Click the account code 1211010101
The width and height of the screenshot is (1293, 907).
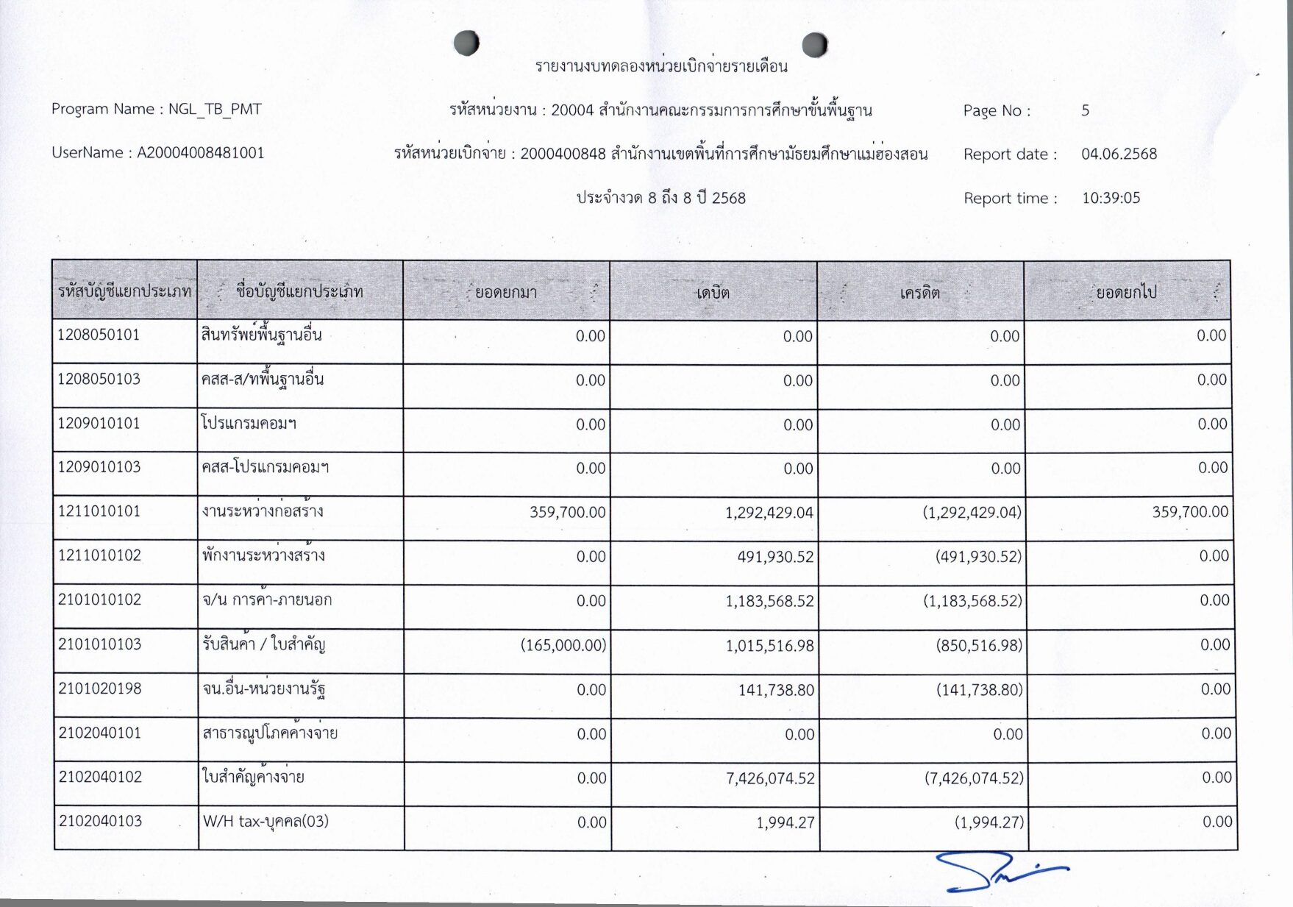click(99, 511)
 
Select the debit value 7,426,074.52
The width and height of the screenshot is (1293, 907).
click(770, 778)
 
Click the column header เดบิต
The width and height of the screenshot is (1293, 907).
click(713, 293)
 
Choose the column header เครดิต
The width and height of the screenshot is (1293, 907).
click(920, 293)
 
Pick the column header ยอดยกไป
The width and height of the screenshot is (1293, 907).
click(1126, 293)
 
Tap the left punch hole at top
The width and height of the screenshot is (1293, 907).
click(466, 43)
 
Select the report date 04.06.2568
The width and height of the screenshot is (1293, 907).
click(1119, 154)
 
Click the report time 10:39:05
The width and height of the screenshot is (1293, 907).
click(1111, 198)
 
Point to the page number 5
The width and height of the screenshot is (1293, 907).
click(1085, 110)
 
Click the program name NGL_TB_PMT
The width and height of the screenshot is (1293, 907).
click(215, 110)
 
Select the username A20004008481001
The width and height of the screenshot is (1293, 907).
click(201, 153)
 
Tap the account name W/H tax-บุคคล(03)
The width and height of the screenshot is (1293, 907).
click(266, 822)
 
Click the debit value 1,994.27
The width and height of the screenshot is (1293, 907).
click(786, 822)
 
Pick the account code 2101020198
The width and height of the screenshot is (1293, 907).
click(99, 689)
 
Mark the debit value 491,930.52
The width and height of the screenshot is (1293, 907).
click(775, 557)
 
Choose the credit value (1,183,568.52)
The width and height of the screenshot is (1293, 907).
click(972, 601)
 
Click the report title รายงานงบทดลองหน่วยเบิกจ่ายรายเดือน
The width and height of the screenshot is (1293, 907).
click(661, 67)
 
